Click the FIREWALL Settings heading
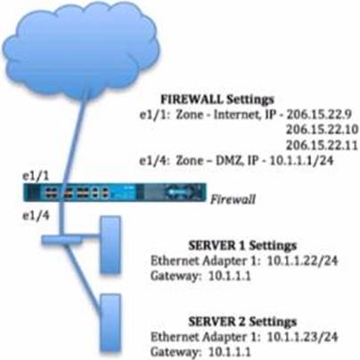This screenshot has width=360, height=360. tap(217, 100)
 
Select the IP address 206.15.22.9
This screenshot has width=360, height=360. tap(319, 114)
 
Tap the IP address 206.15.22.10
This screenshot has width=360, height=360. tap(323, 129)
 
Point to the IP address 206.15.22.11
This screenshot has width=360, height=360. tap(322, 145)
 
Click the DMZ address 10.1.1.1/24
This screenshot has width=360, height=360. tap(301, 160)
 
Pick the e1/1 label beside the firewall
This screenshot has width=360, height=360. tap(36, 176)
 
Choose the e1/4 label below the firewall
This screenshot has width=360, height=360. tap(36, 216)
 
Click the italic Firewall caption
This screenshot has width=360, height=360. tap(233, 199)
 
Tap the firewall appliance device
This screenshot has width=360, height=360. tap(115, 192)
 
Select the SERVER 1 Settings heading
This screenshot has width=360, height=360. tap(242, 246)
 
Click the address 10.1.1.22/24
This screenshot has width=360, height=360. tap(303, 261)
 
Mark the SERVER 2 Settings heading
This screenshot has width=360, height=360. tap(242, 322)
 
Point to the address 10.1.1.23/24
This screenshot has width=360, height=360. tap(303, 337)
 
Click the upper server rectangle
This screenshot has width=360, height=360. tap(110, 244)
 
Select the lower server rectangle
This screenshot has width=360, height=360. tap(110, 323)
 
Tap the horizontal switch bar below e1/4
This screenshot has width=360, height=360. tap(61, 240)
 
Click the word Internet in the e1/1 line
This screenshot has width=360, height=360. tap(236, 114)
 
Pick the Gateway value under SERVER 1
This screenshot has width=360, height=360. tap(230, 276)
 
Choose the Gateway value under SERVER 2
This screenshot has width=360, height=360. tap(230, 352)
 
